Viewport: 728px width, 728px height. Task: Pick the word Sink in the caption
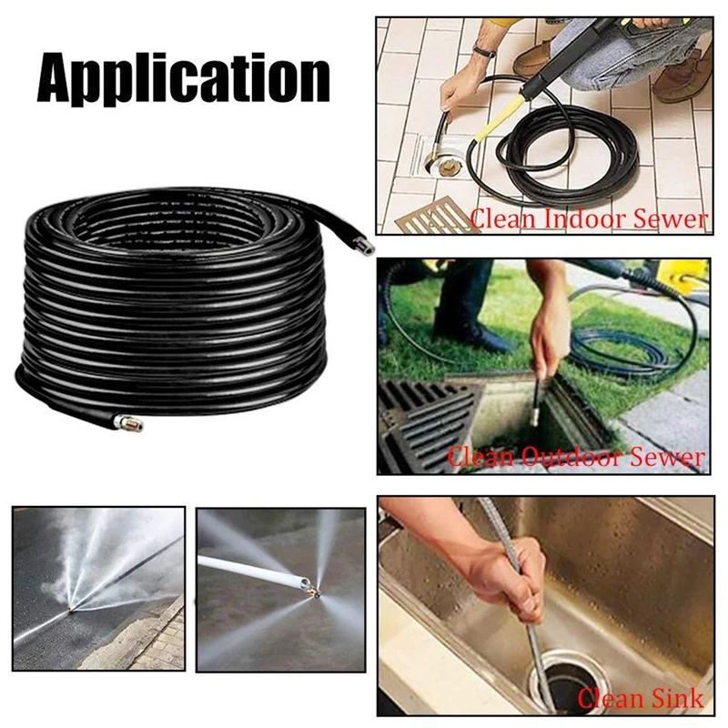pos(672,698)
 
